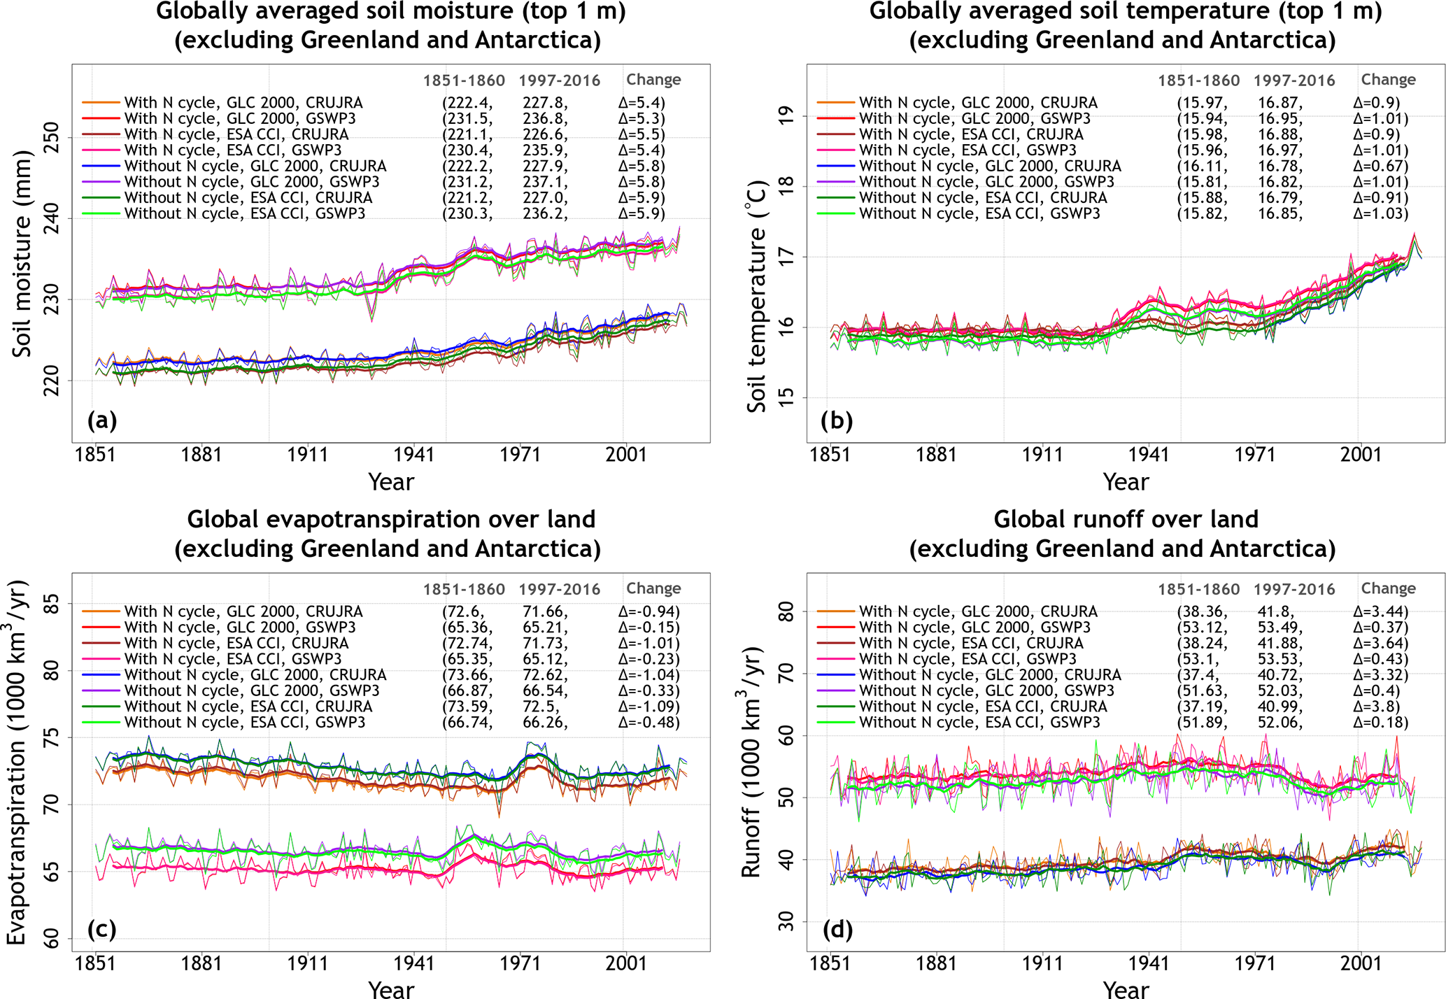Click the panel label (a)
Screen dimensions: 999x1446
coord(102,420)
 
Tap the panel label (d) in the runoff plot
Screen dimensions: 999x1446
coord(837,929)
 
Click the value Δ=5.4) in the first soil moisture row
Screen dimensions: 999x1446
coord(642,103)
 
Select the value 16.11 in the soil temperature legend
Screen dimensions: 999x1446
coord(1202,166)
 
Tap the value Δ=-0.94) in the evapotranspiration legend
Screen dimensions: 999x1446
coord(648,611)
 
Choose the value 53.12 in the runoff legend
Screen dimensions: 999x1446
coord(1202,628)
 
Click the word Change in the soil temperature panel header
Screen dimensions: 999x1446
coord(1388,80)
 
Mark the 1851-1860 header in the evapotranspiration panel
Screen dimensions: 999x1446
coord(464,589)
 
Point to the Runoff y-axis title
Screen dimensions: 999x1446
coord(751,763)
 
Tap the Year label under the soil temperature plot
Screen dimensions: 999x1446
coord(1126,482)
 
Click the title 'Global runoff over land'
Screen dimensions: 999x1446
coord(1126,519)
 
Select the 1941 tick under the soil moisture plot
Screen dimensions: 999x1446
coord(414,455)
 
